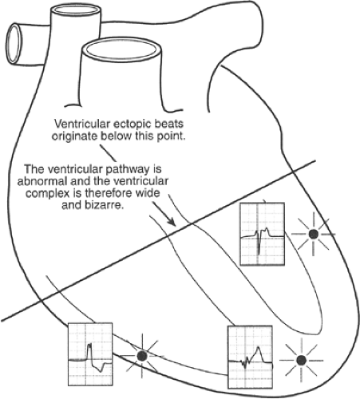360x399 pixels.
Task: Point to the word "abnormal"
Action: (x=42, y=182)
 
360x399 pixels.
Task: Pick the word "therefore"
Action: (x=110, y=193)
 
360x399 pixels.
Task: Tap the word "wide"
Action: (x=149, y=193)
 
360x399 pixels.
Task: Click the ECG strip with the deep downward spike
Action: (x=263, y=234)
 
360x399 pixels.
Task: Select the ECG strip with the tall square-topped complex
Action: (x=90, y=354)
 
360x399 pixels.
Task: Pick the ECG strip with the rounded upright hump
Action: (x=250, y=357)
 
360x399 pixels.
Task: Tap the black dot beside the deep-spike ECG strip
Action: (x=313, y=234)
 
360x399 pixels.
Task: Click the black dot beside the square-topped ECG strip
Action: (x=141, y=356)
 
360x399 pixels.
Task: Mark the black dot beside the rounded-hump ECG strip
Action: (x=302, y=360)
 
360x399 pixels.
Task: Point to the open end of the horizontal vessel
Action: (x=14, y=44)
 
